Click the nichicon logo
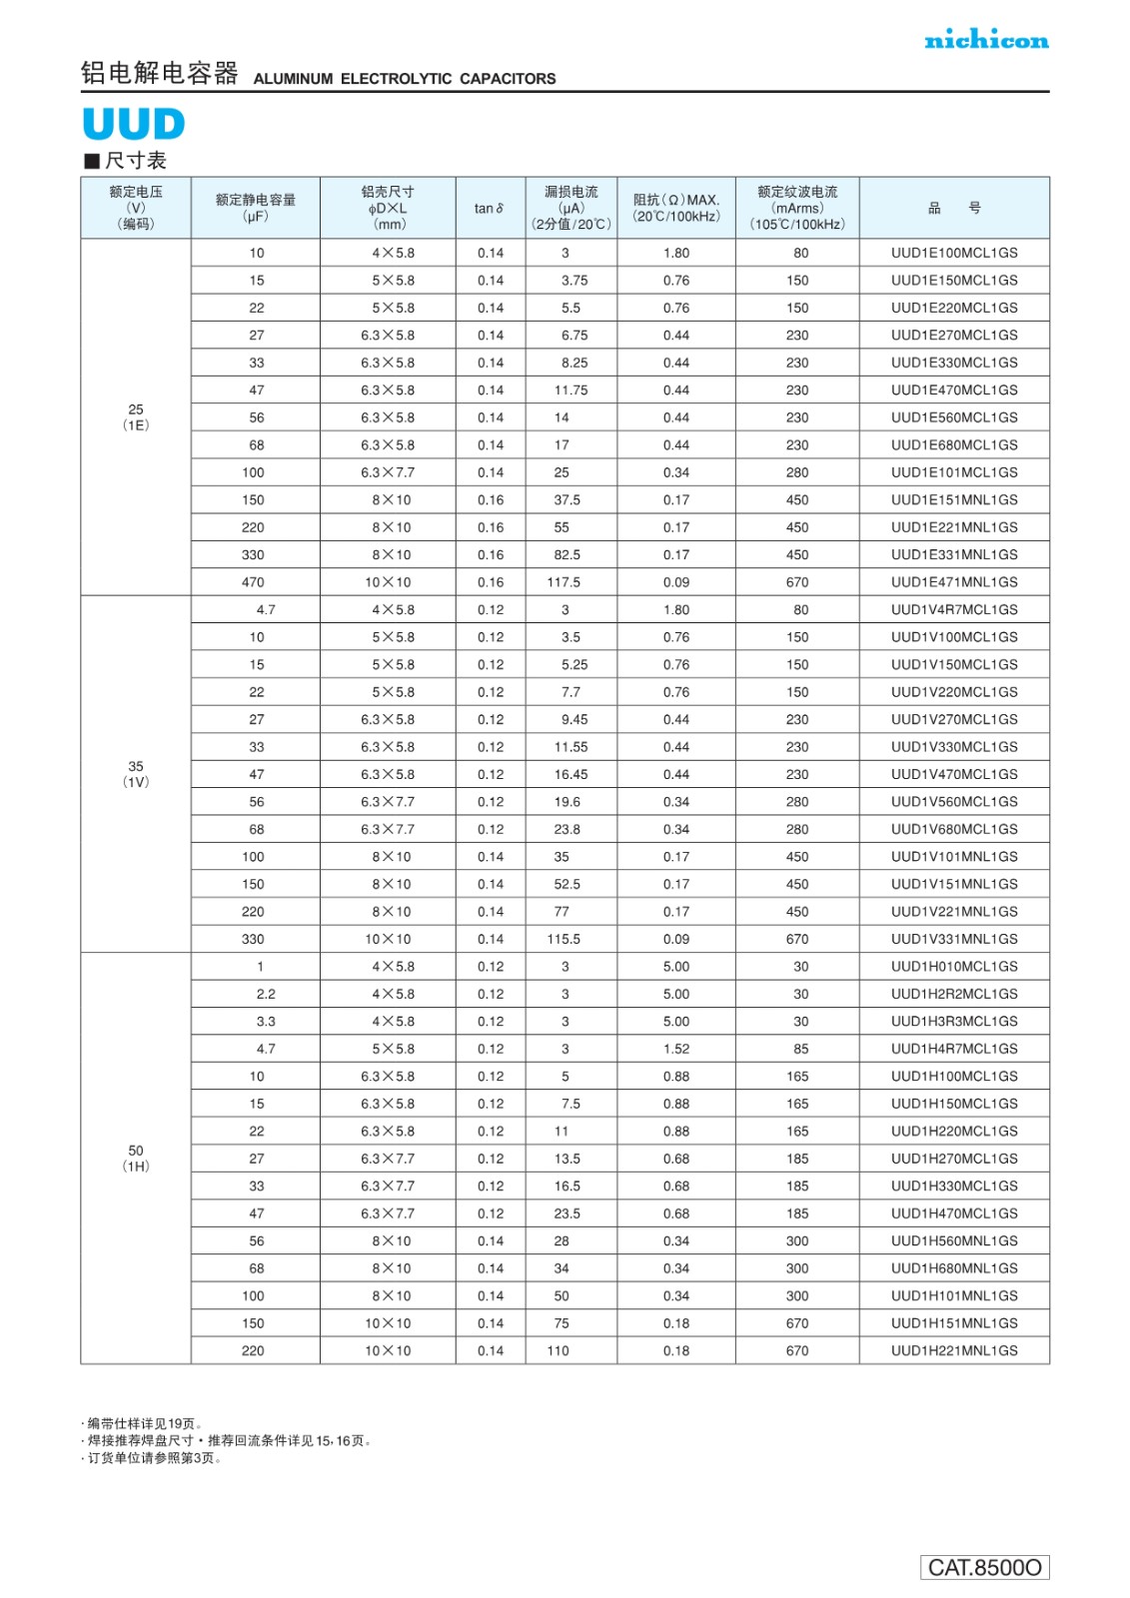[986, 40]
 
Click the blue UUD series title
[134, 124]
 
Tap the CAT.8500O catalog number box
[984, 1567]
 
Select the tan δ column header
[490, 208]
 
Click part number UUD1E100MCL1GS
[954, 253]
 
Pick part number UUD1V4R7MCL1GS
[954, 609]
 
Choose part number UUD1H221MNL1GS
[954, 1350]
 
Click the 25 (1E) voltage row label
[136, 417]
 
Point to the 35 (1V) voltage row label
[136, 774]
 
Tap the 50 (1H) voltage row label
[136, 1159]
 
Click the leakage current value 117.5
[564, 582]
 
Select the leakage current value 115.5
[564, 939]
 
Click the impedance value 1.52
[676, 1049]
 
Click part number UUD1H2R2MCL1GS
[954, 994]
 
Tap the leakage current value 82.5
[566, 554]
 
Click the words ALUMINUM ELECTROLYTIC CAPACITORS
[405, 79]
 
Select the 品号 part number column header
[954, 208]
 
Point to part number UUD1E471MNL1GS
[954, 582]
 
